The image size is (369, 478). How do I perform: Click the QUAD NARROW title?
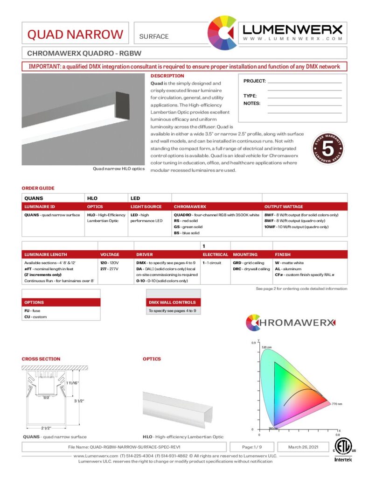(75, 35)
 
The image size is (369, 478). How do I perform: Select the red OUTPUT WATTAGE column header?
(284, 206)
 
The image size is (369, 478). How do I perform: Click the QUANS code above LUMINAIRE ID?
(34, 198)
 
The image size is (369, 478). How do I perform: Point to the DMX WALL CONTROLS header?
(166, 302)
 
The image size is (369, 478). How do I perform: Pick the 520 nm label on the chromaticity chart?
(266, 347)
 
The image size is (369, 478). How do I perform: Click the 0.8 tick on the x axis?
(337, 435)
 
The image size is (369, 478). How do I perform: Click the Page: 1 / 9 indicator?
(255, 447)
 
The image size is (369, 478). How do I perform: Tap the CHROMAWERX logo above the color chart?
(290, 323)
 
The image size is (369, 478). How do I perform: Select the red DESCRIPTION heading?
(167, 76)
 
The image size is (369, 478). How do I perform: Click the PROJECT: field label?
(254, 81)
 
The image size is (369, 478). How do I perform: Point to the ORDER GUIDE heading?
(38, 188)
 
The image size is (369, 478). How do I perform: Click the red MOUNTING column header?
(245, 254)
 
